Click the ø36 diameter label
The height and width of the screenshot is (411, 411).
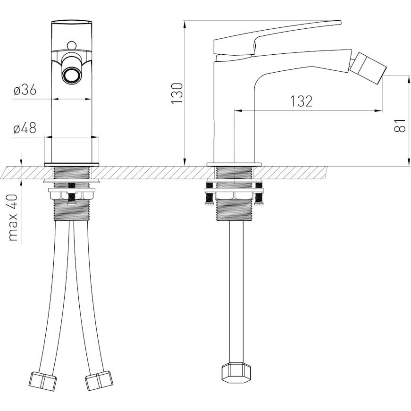[25, 91]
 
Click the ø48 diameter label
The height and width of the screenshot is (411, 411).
[25, 128]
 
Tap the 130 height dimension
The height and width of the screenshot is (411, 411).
[177, 93]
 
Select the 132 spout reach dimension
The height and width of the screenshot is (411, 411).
[302, 101]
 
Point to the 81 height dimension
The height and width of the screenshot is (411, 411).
[400, 126]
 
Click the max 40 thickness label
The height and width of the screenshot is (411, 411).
[13, 218]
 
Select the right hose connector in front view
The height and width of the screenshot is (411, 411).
[99, 380]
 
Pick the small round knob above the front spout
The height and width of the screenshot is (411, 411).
[71, 45]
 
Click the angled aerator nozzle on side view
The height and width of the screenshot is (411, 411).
[368, 67]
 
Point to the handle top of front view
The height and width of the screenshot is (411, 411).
[72, 22]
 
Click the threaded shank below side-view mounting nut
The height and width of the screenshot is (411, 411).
[235, 210]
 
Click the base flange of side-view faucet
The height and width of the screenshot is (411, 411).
[234, 165]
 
